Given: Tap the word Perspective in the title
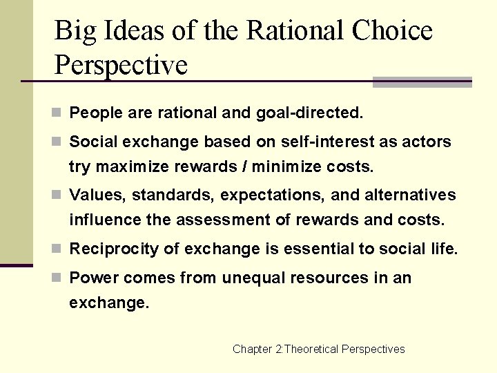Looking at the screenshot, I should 121,65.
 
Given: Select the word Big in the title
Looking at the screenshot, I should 72,31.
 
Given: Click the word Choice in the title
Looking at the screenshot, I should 391,31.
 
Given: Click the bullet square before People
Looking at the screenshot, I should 59,112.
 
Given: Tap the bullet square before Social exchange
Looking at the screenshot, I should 59,142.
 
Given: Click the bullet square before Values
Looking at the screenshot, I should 59,195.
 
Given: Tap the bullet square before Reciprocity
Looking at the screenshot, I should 59,249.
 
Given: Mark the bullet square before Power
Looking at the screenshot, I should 59,278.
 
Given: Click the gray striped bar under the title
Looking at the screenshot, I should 422,82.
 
